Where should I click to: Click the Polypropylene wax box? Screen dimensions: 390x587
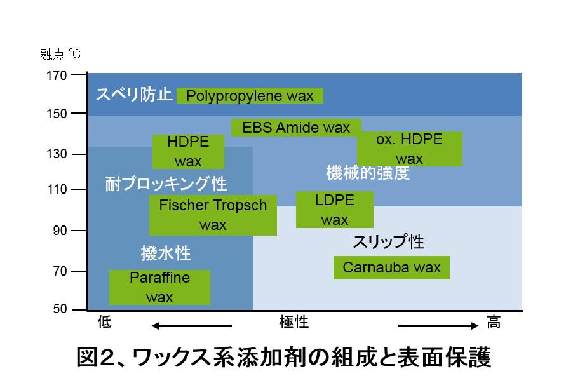[250, 96]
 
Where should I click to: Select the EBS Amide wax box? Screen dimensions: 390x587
[296, 128]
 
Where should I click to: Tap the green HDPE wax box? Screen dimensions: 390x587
[188, 151]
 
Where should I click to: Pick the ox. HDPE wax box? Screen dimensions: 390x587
[409, 149]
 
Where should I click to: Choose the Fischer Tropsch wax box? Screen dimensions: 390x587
[213, 215]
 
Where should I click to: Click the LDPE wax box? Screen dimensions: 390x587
[335, 210]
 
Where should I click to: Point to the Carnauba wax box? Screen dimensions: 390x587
[391, 267]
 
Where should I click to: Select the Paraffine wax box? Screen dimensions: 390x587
[159, 287]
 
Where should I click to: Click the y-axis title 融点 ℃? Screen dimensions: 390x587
[60, 54]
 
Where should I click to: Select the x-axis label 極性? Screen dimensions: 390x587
[294, 323]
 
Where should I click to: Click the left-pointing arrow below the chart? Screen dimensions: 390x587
[191, 326]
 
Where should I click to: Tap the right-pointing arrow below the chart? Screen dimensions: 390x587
[438, 326]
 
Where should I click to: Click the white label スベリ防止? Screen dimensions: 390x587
[134, 95]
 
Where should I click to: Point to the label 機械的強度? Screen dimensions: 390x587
[368, 173]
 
